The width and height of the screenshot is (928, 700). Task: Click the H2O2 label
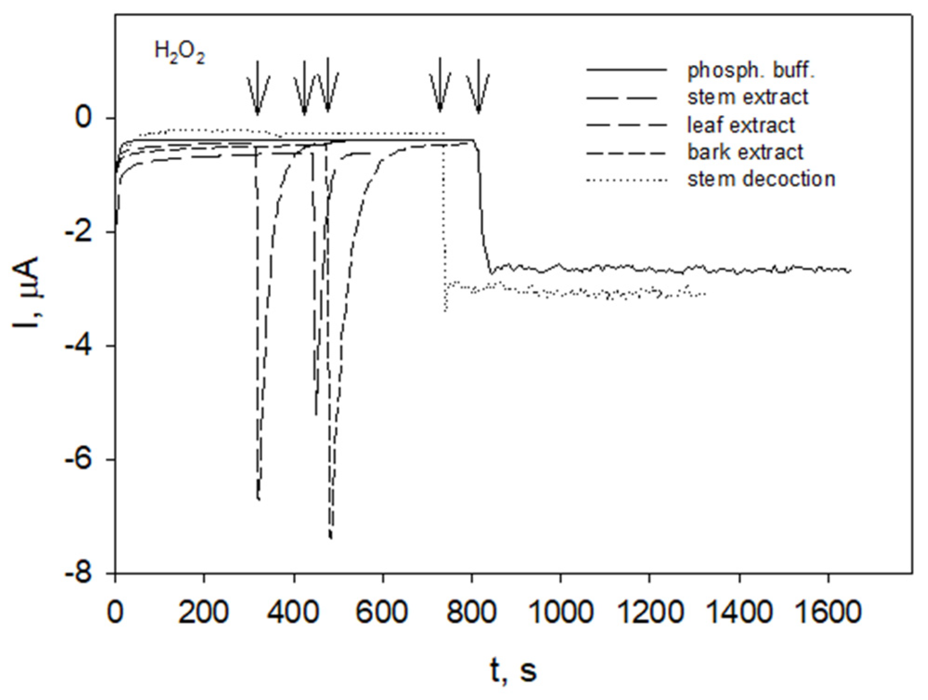coord(180,52)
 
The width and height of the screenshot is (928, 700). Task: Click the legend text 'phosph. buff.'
coord(751,70)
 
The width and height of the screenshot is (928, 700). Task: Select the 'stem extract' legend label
coord(748,97)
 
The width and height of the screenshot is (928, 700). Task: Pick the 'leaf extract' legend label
coord(741,125)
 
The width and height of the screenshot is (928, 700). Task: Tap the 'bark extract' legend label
coord(745,152)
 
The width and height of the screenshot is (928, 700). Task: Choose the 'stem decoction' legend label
coord(761,179)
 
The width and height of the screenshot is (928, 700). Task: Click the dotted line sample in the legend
coord(626,180)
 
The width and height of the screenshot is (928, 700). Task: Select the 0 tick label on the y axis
coord(84,118)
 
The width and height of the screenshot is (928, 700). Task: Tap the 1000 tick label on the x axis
coord(561,612)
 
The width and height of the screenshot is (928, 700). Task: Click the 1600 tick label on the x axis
coord(828,612)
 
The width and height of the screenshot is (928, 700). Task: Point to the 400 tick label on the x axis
coord(293,612)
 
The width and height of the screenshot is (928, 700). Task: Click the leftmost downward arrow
coord(258,88)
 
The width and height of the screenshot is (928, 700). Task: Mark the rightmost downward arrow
coord(478,88)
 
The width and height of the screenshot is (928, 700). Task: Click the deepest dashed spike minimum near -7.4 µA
coord(331,538)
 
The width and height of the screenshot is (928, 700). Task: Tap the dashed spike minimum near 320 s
coord(258,499)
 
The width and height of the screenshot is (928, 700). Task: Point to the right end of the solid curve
coord(850,270)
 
